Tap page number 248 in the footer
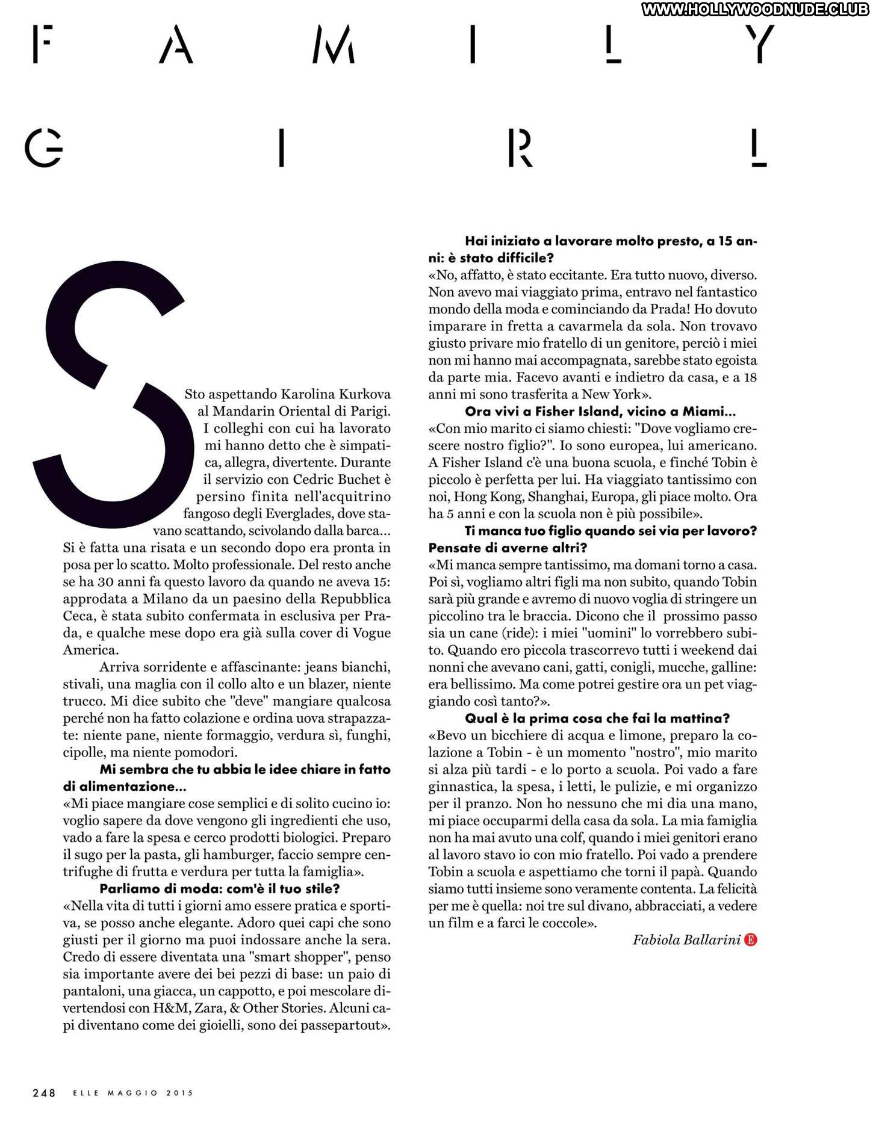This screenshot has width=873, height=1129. (x=44, y=1092)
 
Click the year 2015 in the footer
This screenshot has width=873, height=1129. (x=179, y=1092)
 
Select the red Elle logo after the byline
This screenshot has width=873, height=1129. (x=750, y=940)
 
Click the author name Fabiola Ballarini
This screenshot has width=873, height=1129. (x=686, y=940)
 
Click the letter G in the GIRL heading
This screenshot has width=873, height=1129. (x=43, y=147)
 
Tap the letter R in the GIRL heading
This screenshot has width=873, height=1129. (x=520, y=147)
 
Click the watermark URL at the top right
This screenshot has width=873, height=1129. (x=755, y=9)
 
